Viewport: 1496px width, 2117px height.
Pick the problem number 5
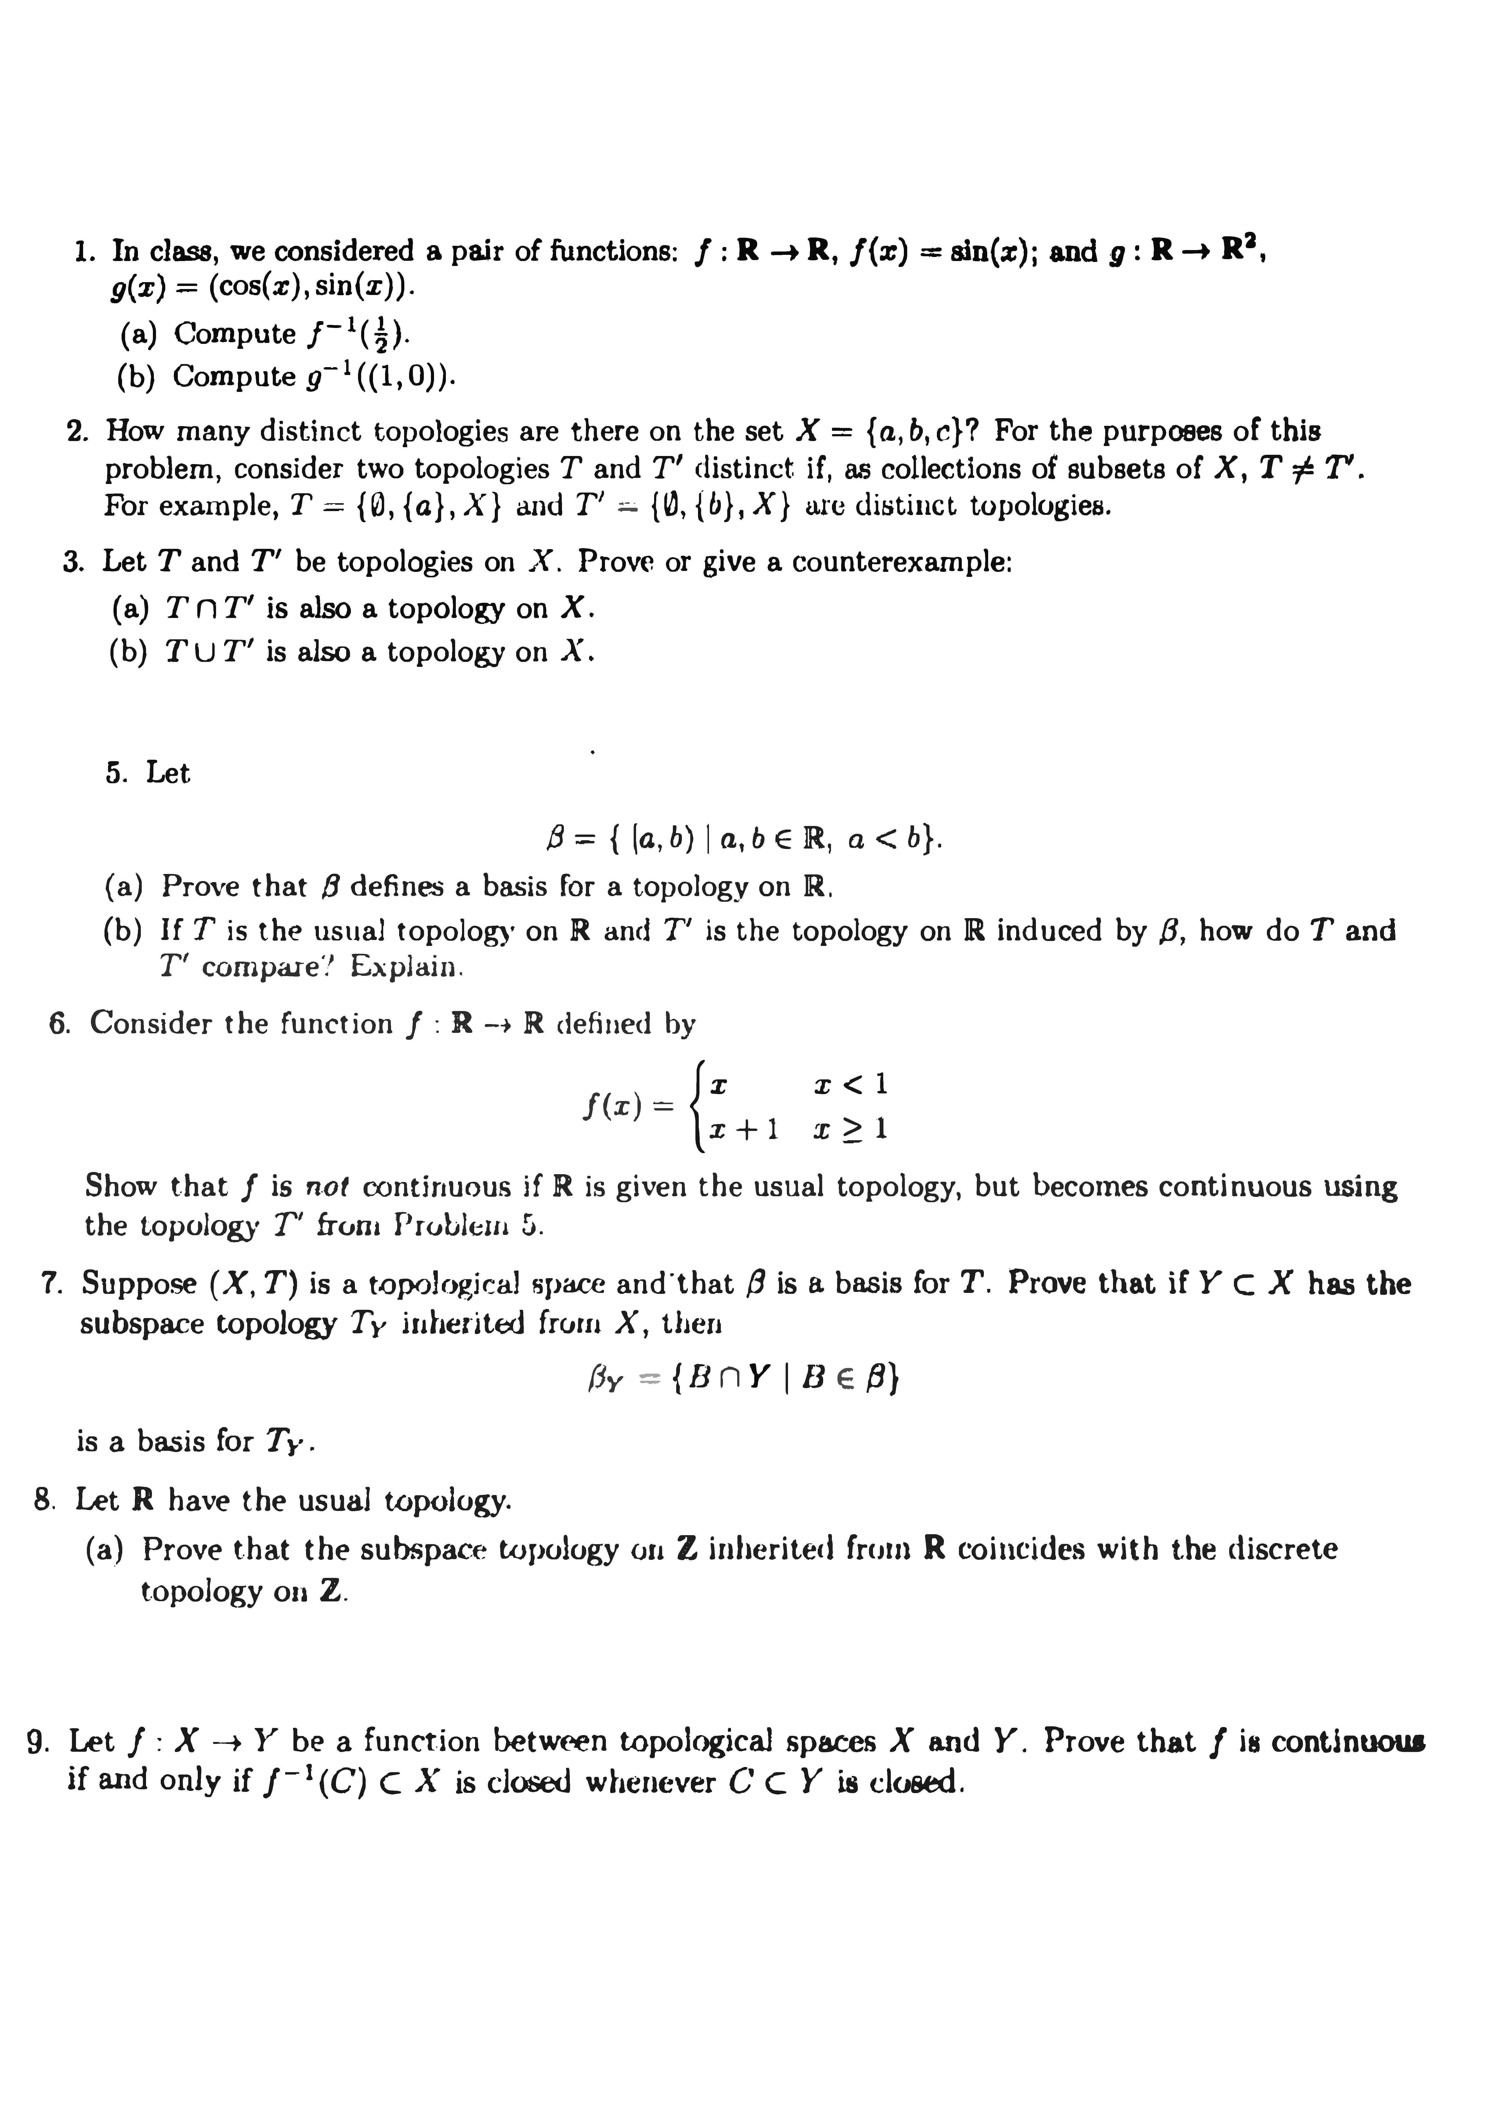pos(116,773)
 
